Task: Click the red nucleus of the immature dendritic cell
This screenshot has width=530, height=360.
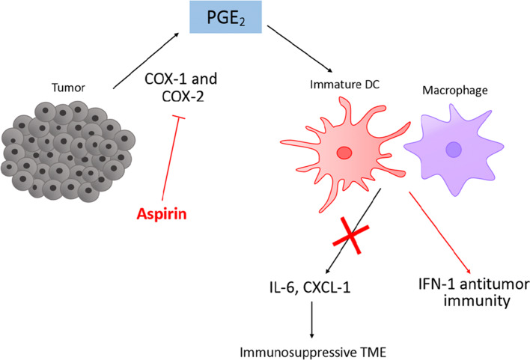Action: click(344, 153)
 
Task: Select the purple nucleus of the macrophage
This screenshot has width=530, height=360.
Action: click(454, 150)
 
